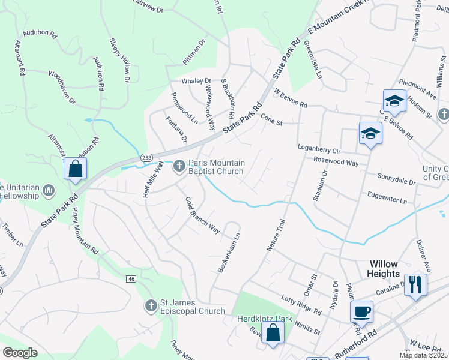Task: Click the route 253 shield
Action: [146, 157]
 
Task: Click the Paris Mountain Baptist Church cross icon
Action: [179, 166]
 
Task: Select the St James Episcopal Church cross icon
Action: [151, 306]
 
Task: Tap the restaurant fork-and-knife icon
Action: [415, 284]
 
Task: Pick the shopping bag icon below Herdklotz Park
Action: [273, 334]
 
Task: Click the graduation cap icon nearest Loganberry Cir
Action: [370, 134]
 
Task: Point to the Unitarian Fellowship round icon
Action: [49, 191]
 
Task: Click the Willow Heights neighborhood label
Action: [384, 269]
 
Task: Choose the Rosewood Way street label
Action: [336, 162]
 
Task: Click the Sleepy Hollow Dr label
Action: [119, 60]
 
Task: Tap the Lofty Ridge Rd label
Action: [301, 304]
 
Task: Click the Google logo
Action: [20, 352]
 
